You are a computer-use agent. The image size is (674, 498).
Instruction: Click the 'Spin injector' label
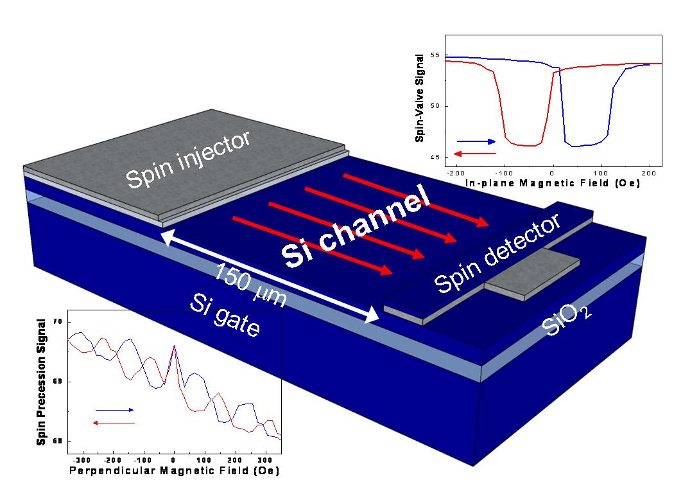click(x=188, y=159)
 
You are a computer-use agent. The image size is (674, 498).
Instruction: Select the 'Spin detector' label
click(x=497, y=253)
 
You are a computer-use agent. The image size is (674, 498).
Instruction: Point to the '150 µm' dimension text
click(x=250, y=284)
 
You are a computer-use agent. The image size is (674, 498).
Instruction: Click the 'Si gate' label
click(x=225, y=315)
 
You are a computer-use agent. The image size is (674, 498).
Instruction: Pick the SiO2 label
click(x=566, y=319)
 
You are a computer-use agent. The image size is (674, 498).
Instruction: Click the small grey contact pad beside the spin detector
click(x=532, y=274)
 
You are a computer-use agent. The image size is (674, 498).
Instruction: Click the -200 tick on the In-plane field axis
click(x=456, y=173)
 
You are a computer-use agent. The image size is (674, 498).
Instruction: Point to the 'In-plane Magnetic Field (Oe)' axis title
click(x=553, y=183)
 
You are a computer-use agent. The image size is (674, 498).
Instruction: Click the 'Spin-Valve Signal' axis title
click(x=420, y=98)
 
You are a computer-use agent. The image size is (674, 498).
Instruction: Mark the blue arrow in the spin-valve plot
click(x=476, y=141)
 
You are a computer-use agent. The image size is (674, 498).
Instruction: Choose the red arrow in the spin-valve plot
click(x=476, y=154)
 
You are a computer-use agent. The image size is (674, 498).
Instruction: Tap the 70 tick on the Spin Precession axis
click(x=58, y=322)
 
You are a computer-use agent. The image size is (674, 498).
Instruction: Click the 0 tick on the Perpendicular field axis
click(x=174, y=460)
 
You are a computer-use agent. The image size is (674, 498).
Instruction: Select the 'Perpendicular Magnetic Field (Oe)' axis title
click(x=175, y=470)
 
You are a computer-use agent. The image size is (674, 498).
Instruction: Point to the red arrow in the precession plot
click(x=114, y=423)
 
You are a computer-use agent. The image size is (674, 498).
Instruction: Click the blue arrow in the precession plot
click(x=115, y=410)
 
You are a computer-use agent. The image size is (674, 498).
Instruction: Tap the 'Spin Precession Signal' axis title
click(x=41, y=382)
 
